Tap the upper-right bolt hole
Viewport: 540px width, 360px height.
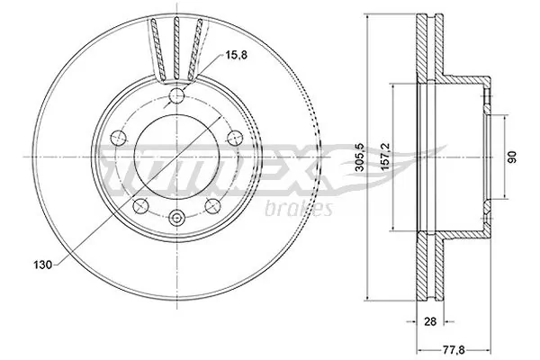click(234, 137)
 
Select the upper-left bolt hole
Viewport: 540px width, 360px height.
click(119, 137)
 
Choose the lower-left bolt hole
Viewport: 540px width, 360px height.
click(139, 206)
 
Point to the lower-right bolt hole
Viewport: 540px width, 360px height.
click(213, 206)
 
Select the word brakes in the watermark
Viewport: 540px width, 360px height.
click(302, 210)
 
